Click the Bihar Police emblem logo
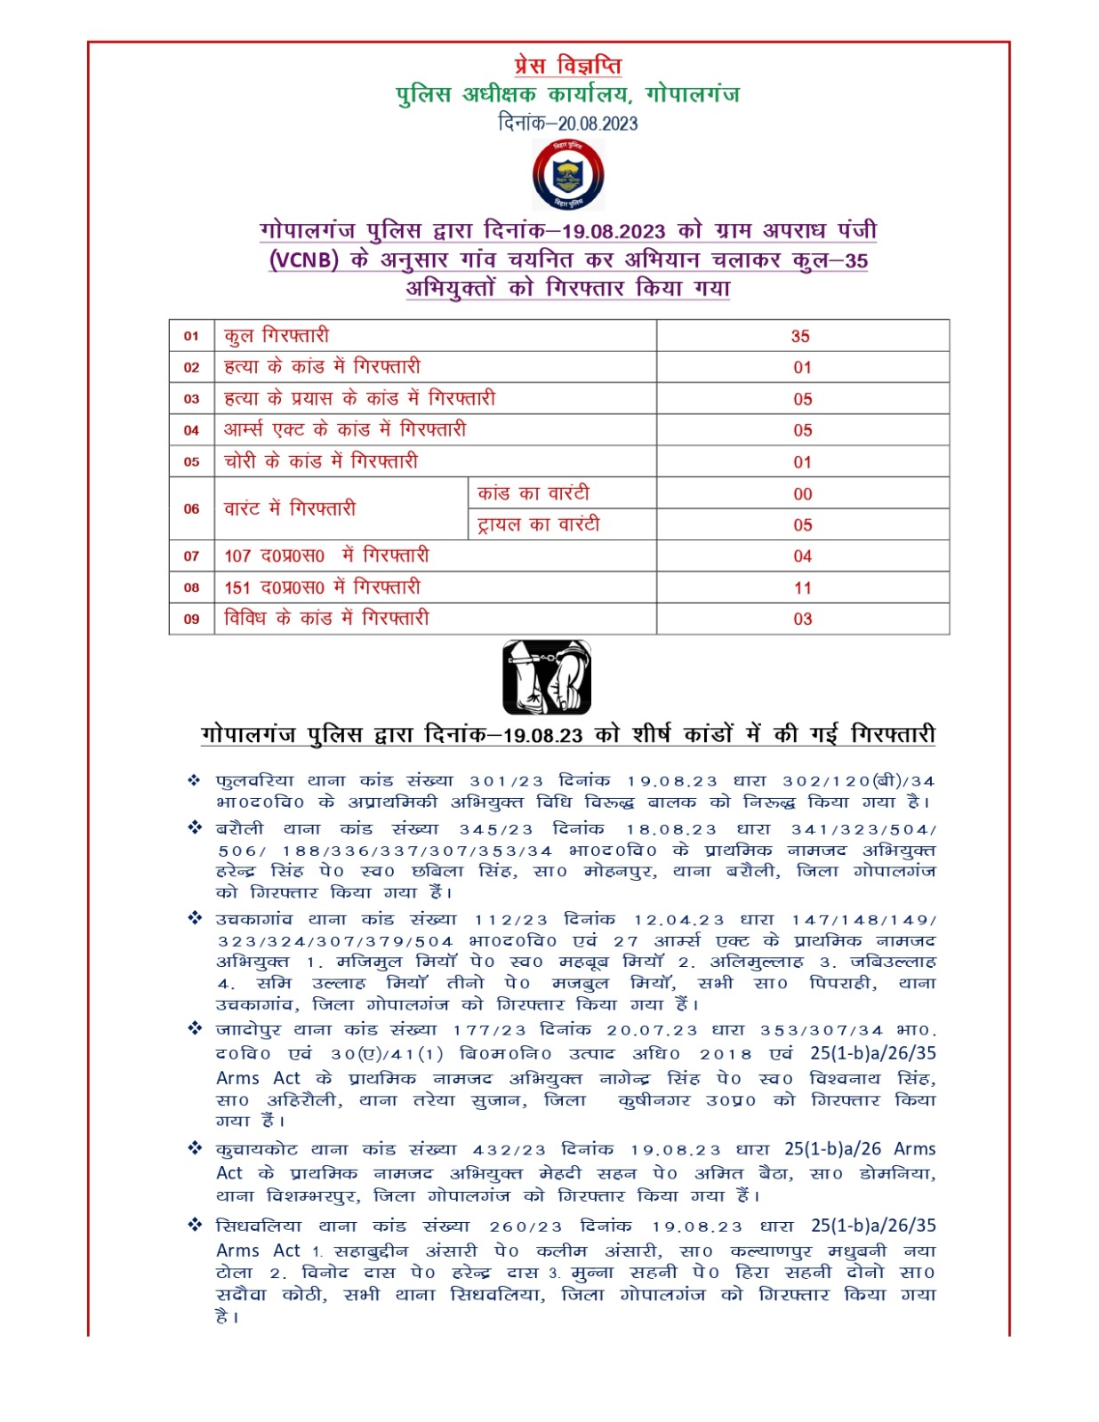(567, 175)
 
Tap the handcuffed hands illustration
(547, 676)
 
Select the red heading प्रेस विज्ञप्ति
(567, 66)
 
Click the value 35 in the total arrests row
(800, 336)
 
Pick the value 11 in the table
(802, 587)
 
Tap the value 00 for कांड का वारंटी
(802, 494)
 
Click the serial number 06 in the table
(191, 509)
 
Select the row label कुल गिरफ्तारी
(277, 336)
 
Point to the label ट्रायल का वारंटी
(538, 524)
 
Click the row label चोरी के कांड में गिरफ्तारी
(320, 461)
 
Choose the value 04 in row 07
(802, 556)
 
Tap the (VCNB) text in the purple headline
(304, 260)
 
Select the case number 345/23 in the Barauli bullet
(496, 829)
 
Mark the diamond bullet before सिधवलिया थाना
(195, 1225)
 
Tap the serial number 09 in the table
(191, 619)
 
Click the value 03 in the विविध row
(802, 619)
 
